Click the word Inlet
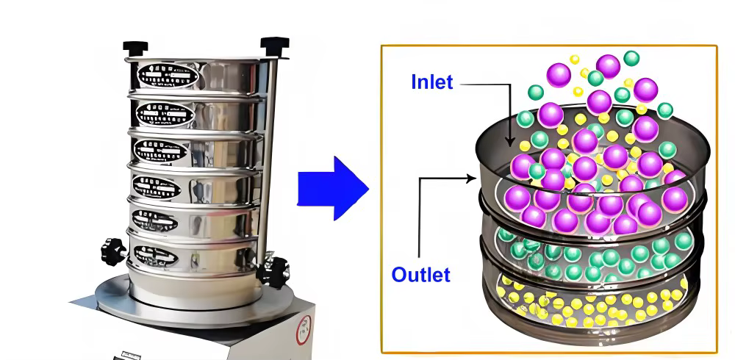pos(432,82)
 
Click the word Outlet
pos(420,276)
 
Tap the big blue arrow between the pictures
pos(333,188)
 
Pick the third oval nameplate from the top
pos(162,151)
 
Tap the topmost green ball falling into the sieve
pos(631,57)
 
